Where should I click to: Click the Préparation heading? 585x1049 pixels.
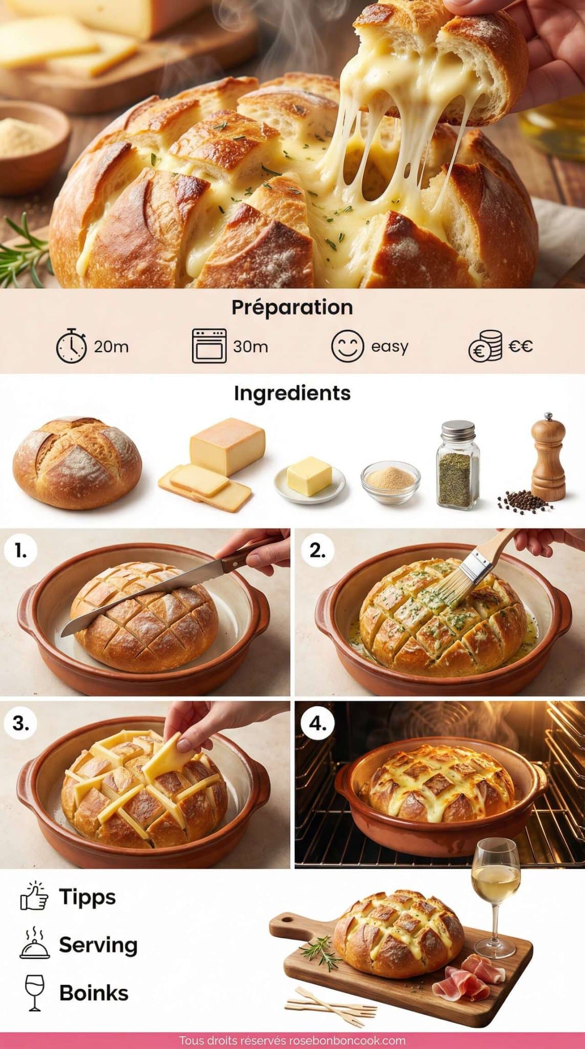pyautogui.click(x=292, y=307)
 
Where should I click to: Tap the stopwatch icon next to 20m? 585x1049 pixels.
pyautogui.click(x=71, y=346)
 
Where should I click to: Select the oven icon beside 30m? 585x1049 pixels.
pyautogui.click(x=209, y=346)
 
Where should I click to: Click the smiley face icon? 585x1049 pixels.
pyautogui.click(x=348, y=346)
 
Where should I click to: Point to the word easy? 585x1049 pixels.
pyautogui.click(x=389, y=347)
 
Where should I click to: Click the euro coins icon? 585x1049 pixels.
pyautogui.click(x=485, y=347)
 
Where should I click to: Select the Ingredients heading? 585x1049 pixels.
pyautogui.click(x=292, y=393)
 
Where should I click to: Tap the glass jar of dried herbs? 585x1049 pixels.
pyautogui.click(x=458, y=465)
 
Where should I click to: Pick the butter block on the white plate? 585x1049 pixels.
pyautogui.click(x=309, y=476)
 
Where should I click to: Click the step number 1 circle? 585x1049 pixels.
pyautogui.click(x=20, y=551)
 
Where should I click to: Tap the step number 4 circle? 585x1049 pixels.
pyautogui.click(x=317, y=724)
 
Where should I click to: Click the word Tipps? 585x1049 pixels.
pyautogui.click(x=88, y=896)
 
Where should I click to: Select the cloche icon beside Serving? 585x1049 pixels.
pyautogui.click(x=34, y=944)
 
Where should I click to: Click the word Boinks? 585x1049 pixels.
pyautogui.click(x=94, y=993)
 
